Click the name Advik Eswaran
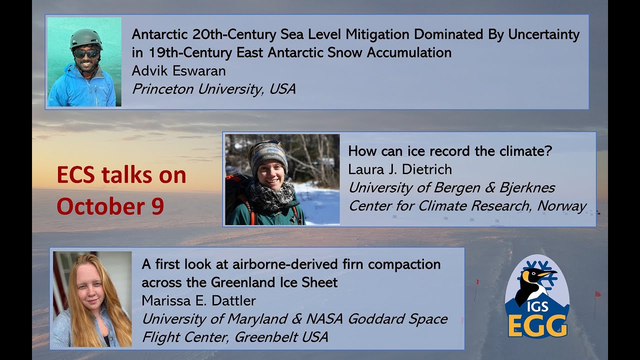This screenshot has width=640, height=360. click(x=178, y=71)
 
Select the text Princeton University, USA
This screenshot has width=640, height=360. click(x=213, y=89)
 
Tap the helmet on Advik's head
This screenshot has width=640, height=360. click(x=85, y=37)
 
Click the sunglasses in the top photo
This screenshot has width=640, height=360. click(x=85, y=53)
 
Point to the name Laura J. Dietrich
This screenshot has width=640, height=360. click(x=399, y=169)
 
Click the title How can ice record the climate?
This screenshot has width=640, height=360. click(x=450, y=151)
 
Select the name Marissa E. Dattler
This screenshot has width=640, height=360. click(x=198, y=301)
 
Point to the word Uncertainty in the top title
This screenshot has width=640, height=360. click(x=543, y=34)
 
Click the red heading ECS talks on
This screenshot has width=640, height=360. click(x=121, y=175)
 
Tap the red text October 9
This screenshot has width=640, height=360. click(x=110, y=206)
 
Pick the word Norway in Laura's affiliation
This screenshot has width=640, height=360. click(x=561, y=206)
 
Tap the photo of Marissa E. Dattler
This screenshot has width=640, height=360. click(x=92, y=299)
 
